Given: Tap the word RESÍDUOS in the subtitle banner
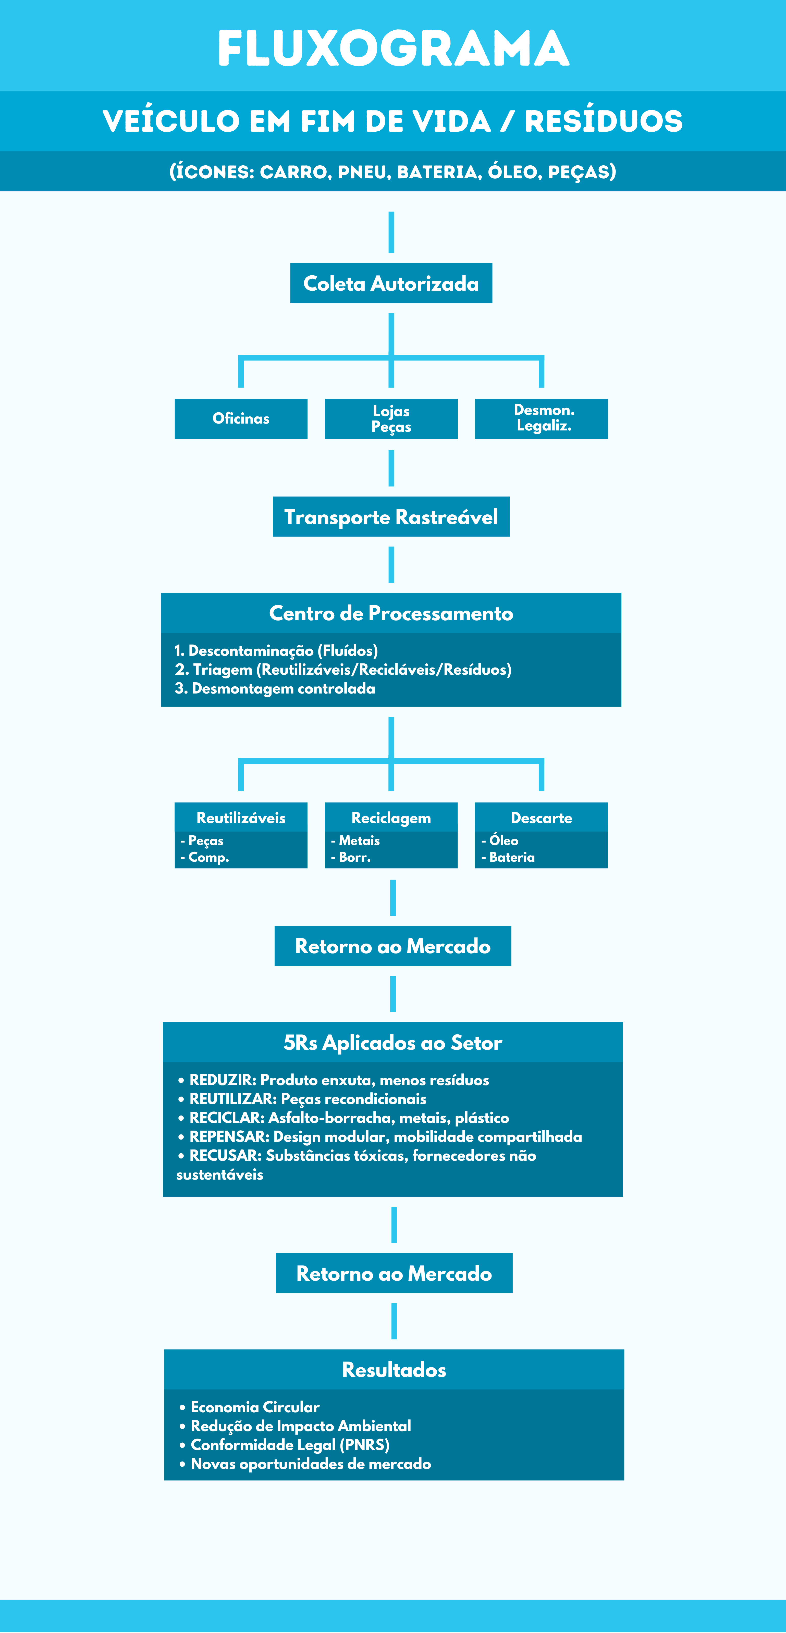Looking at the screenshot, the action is click(604, 121).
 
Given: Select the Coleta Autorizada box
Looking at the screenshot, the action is click(391, 283).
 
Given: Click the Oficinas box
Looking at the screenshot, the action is click(241, 418).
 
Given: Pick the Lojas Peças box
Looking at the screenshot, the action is click(391, 418).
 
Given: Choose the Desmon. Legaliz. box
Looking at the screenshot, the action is click(541, 418).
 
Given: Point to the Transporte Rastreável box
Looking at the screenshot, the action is click(391, 517).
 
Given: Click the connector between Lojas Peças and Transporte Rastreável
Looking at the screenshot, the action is click(391, 468).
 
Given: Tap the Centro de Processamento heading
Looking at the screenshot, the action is click(391, 613).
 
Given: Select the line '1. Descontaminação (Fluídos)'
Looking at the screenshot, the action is click(276, 650).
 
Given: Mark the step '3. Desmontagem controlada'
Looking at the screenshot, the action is click(275, 688).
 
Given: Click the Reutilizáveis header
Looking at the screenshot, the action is click(241, 818).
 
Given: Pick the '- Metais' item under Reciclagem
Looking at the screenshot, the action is click(355, 840).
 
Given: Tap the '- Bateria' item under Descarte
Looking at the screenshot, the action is click(508, 857).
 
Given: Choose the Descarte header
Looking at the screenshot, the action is click(541, 818).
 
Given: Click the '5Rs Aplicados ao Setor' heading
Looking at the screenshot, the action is click(393, 1042).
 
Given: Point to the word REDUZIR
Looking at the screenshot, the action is click(223, 1080).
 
